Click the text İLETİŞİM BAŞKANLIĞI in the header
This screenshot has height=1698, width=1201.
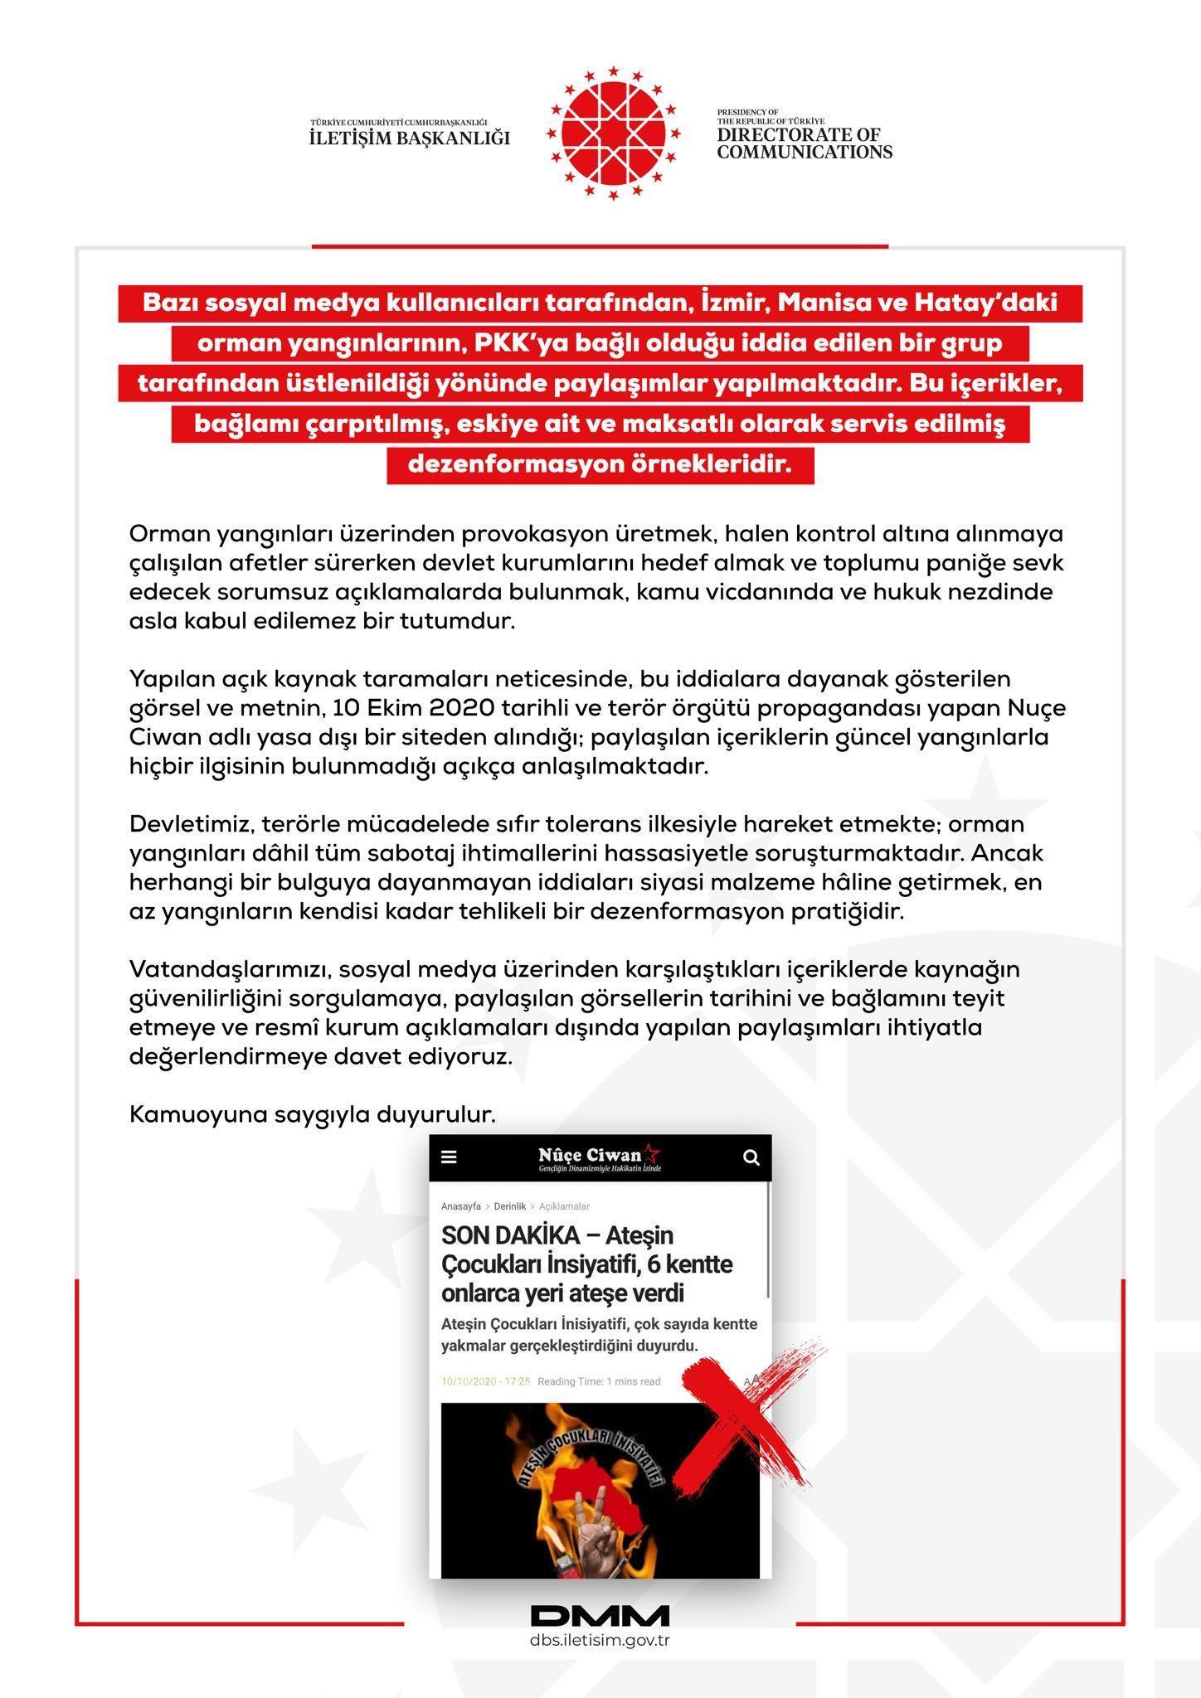409,138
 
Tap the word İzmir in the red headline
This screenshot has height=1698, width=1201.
722,303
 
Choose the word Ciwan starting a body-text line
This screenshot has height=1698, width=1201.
160,737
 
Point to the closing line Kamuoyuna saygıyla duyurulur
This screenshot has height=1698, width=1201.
312,1115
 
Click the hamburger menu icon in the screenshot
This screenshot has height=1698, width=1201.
449,1157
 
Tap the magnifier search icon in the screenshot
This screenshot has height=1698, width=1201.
751,1157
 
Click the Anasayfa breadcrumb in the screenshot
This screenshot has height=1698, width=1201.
460,1206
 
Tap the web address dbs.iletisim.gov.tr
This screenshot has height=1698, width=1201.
600,1641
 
